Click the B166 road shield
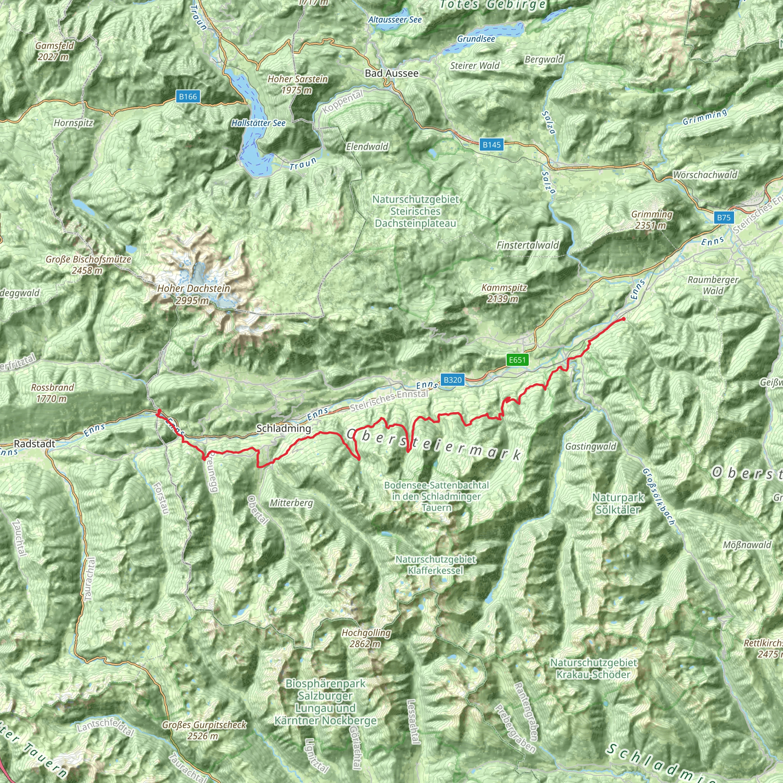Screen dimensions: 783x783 coord(188,96)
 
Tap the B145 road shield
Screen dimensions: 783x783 coord(492,145)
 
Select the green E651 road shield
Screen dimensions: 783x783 coord(517,360)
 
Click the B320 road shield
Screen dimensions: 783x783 coord(452,380)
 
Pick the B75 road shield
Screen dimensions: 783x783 coord(723,218)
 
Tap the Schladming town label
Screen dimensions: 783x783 coord(284,428)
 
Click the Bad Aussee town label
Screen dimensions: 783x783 coord(391,73)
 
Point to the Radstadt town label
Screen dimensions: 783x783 coord(34,444)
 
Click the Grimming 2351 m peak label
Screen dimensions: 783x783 coord(651,220)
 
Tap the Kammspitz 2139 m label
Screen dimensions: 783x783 coord(504,293)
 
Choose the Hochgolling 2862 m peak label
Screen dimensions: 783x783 coord(366,638)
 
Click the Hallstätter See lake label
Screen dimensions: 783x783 coord(258,123)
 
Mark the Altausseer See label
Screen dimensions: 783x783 coord(395,20)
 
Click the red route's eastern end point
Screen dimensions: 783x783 coord(623,319)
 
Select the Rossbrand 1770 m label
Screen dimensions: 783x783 coord(53,393)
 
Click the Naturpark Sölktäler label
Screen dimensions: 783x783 coord(618,504)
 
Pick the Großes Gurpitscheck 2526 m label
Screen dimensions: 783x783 coord(204,730)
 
